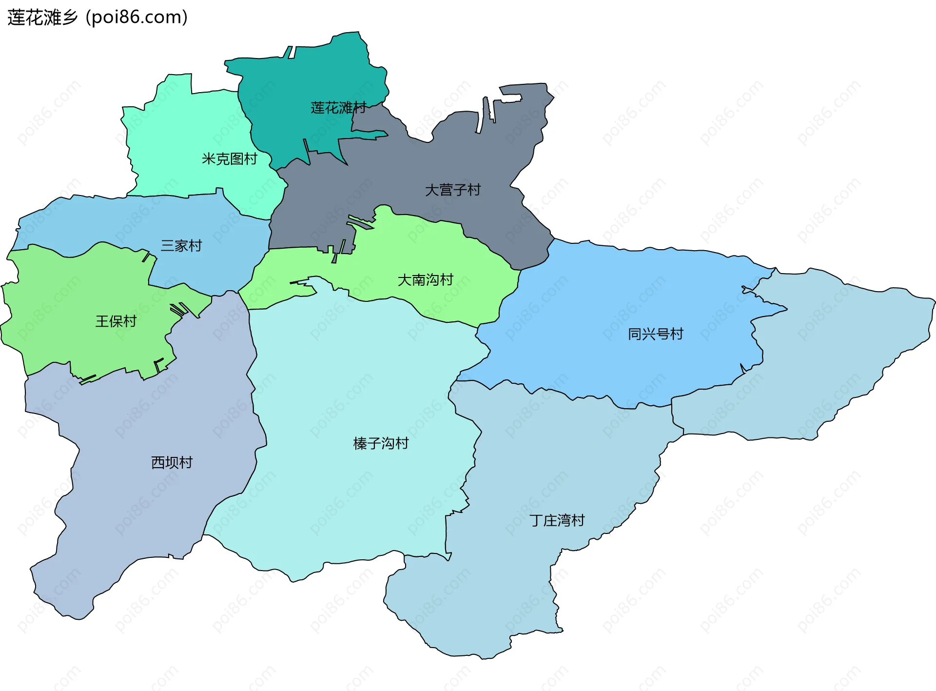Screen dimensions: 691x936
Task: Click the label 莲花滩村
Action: point(338,108)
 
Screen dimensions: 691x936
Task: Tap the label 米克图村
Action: point(229,159)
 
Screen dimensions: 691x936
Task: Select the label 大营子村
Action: point(452,190)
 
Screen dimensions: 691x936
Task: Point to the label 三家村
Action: point(181,245)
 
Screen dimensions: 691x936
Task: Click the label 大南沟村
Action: point(425,280)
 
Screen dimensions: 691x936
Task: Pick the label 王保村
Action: point(116,321)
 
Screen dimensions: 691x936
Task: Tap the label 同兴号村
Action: point(655,334)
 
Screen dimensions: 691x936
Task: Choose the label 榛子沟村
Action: point(381,443)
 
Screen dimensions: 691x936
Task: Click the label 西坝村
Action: point(172,462)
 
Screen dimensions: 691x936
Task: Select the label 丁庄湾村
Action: point(557,520)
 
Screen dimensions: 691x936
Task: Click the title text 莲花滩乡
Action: point(43,18)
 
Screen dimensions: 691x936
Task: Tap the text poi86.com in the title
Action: point(136,18)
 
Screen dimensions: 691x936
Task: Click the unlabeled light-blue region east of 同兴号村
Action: point(838,351)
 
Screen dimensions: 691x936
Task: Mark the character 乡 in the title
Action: point(70,18)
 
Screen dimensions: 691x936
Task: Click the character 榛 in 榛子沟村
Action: point(360,443)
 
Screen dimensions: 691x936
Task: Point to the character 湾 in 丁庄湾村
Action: point(564,520)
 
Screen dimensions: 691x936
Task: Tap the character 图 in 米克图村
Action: point(236,159)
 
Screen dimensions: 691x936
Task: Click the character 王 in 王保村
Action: point(102,321)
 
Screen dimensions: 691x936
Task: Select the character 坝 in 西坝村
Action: point(172,462)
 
